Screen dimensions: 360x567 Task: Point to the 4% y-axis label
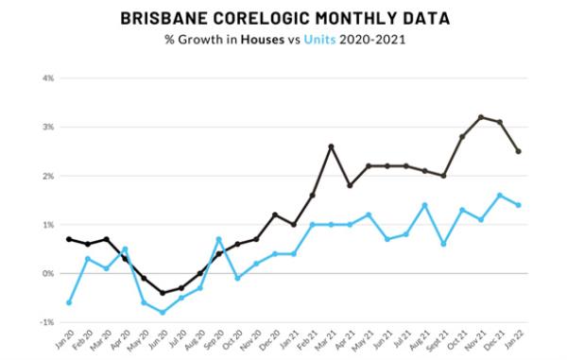pos(48,77)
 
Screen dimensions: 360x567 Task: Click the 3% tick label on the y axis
pos(48,127)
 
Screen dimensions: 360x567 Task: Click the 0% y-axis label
pos(48,273)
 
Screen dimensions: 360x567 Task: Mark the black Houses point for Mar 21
pos(331,146)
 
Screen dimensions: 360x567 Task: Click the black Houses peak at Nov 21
pos(481,117)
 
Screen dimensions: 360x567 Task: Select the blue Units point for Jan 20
pos(69,302)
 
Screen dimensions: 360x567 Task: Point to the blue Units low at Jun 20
pos(163,312)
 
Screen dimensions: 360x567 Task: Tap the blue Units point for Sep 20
pos(218,239)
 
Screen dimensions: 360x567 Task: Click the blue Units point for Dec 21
pos(500,196)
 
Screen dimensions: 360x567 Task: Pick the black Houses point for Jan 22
pos(518,151)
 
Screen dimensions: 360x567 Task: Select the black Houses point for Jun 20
pos(163,293)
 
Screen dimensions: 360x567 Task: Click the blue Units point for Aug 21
pos(424,205)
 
